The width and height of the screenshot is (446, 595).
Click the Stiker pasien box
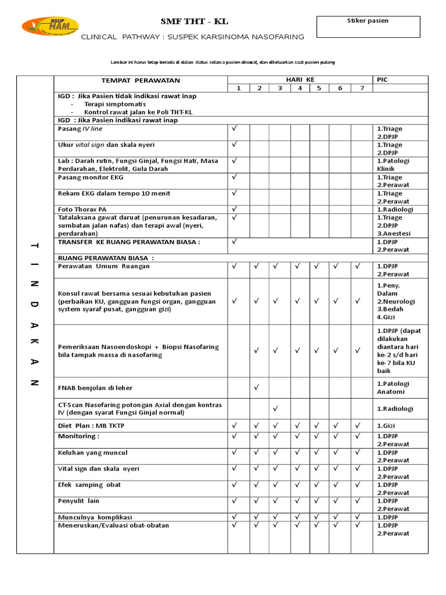click(368, 27)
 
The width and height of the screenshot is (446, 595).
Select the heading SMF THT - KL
click(194, 21)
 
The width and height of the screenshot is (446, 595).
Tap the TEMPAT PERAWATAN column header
click(141, 80)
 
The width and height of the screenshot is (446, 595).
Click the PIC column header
click(382, 80)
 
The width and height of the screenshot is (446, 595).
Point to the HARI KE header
click(299, 80)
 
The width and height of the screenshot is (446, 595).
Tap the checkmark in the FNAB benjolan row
click(256, 386)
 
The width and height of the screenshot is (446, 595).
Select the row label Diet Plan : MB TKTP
click(91, 425)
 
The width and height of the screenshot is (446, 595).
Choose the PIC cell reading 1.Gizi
click(387, 426)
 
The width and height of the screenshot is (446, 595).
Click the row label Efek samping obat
click(89, 485)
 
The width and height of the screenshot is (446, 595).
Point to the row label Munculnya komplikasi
click(95, 517)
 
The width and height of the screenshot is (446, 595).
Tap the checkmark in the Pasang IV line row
click(235, 128)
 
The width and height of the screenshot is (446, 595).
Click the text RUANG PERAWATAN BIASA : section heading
click(106, 257)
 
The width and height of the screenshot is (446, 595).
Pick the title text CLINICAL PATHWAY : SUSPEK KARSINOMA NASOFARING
click(192, 37)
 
